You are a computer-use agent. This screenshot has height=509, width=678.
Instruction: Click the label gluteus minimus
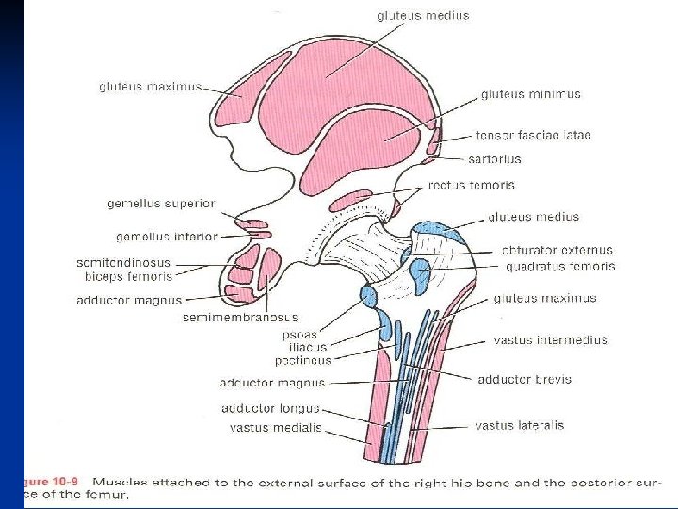tap(530, 94)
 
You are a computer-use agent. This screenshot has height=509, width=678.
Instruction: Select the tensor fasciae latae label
tap(533, 136)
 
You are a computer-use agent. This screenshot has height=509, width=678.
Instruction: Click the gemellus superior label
tap(161, 204)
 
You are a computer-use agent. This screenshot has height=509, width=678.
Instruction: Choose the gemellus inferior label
tap(167, 237)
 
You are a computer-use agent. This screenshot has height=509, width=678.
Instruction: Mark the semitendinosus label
tap(123, 262)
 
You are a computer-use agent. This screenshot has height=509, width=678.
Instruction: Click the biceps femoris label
tap(128, 277)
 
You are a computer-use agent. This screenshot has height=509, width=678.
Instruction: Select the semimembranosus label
tap(240, 318)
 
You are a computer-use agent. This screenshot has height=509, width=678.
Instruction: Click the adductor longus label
tap(270, 409)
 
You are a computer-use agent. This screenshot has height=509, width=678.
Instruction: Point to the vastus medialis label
tap(275, 427)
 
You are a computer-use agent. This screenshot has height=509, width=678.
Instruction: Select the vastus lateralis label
tap(520, 425)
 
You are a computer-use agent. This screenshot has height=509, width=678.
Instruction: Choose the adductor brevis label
tap(525, 380)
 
